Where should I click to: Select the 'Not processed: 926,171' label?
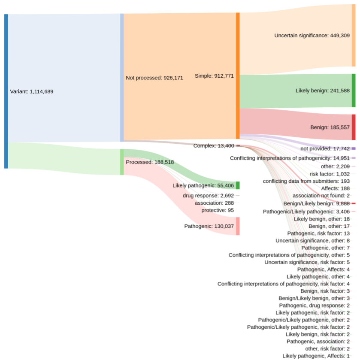click(x=154, y=78)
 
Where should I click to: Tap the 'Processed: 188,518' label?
click(x=145, y=162)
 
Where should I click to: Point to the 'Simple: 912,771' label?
click(x=214, y=76)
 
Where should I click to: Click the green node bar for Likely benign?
click(x=354, y=91)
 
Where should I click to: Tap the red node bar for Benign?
click(x=354, y=127)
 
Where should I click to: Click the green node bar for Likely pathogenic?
click(x=238, y=185)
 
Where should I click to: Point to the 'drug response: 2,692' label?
click(x=208, y=196)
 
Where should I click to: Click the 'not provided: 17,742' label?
click(x=325, y=148)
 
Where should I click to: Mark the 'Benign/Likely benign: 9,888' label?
click(x=317, y=203)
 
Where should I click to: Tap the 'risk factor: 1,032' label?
click(x=330, y=174)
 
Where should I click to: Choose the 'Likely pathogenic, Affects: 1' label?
click(x=316, y=356)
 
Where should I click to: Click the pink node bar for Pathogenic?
click(x=238, y=226)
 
